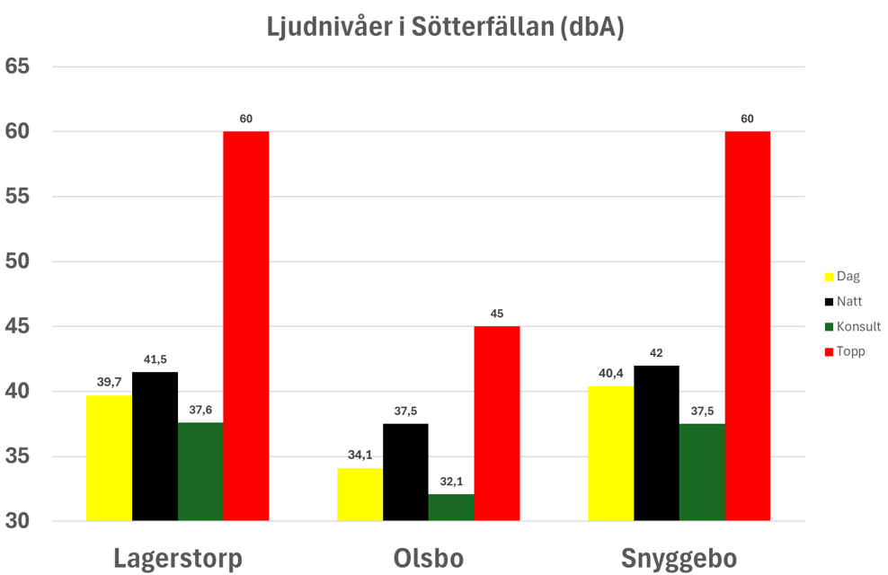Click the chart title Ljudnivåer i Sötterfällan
point(445,28)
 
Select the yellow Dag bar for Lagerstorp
point(109,457)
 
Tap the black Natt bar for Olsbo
point(405,472)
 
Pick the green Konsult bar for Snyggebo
point(702,472)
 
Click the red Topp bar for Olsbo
point(497,423)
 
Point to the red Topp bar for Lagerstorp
point(246,325)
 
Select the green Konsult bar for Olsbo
point(451,507)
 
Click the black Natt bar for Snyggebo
point(656,443)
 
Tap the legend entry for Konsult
point(853,326)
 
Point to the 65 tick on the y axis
point(17,66)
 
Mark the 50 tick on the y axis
point(17,261)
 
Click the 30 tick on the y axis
point(17,521)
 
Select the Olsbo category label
point(429,558)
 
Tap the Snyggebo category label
point(679,558)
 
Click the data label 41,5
point(155,359)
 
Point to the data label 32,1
point(451,482)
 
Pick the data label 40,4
point(610,374)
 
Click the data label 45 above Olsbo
point(497,314)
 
